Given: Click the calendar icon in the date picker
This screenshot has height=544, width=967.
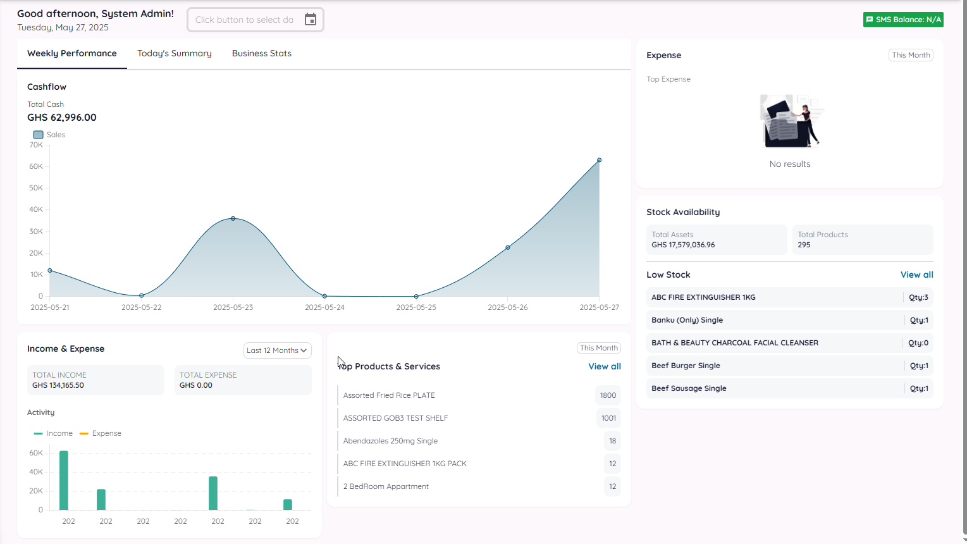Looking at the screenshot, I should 311,20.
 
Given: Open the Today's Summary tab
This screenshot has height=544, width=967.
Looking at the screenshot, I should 175,54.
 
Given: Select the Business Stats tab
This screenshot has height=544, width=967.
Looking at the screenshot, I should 262,54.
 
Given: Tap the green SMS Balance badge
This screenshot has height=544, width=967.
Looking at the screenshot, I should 903,20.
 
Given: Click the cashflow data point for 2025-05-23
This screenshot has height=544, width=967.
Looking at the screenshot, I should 233,219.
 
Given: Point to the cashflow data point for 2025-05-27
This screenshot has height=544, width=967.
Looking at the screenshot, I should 599,161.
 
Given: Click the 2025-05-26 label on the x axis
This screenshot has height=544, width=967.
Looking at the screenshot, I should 507,307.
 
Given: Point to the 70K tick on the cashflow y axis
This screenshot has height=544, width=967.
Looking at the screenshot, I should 36,145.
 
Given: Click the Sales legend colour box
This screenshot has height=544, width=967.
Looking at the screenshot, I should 39,135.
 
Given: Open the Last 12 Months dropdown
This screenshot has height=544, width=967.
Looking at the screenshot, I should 277,350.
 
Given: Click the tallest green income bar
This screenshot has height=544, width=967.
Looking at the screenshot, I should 64,480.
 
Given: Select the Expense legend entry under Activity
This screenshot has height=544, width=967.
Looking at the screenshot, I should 101,433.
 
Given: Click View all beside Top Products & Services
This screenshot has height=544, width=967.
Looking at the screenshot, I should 605,366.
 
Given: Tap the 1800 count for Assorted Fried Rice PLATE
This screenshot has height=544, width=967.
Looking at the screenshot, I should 608,395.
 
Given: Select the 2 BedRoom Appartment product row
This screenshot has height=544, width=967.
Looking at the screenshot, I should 386,486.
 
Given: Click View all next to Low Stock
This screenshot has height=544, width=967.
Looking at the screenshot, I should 916,275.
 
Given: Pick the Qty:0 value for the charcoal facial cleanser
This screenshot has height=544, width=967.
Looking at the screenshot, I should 918,343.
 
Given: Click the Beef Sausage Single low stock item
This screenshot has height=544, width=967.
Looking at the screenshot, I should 689,388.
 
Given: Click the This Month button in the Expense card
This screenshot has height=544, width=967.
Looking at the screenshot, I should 911,55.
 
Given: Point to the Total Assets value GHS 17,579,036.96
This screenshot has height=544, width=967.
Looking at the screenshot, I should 683,245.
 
